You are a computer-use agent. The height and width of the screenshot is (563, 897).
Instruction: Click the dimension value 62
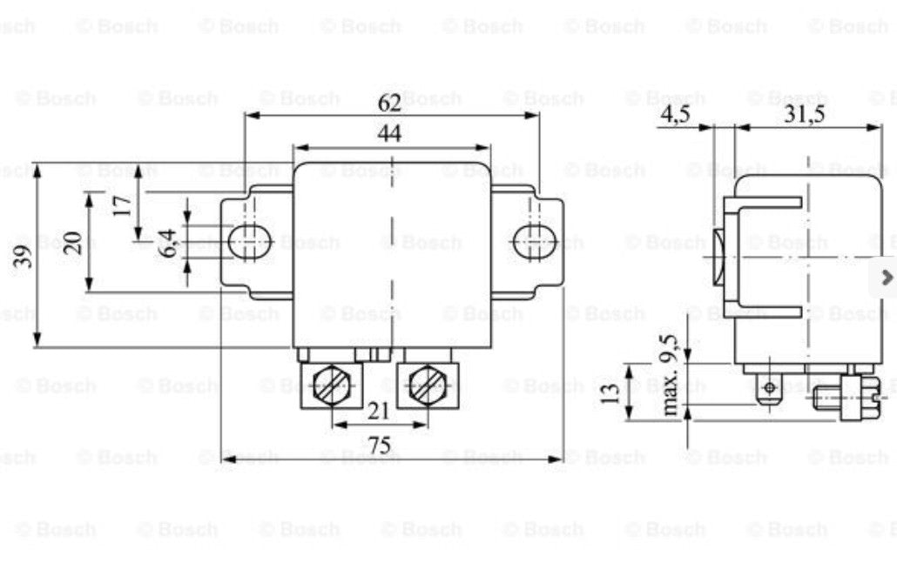pos(389,103)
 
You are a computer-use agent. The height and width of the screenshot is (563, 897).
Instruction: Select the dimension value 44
pos(389,134)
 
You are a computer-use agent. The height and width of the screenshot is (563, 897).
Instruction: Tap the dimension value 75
pos(380,446)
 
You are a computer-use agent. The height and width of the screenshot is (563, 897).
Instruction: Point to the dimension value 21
pos(378,411)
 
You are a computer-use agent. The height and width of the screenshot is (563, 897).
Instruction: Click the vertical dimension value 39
pos(24,256)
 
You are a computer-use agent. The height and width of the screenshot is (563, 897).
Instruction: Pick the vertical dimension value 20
pos(72,243)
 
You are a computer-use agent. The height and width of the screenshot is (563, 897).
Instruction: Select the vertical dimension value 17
pos(122,205)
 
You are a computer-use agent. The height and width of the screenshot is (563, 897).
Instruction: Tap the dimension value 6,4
pos(167,243)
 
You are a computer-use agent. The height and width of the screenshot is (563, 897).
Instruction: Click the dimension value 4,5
pos(675,114)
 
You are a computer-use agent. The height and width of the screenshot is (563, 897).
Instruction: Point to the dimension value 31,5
pos(805,114)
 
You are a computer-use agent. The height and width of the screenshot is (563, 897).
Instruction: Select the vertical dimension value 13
pos(611,393)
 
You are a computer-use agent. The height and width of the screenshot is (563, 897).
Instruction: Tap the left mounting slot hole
pos(251,242)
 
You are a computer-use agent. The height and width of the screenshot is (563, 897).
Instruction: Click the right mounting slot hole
pos(536,242)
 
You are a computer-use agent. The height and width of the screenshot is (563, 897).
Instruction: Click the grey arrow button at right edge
pos(886,278)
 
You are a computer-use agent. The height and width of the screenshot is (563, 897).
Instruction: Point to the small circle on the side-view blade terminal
pos(770,388)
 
